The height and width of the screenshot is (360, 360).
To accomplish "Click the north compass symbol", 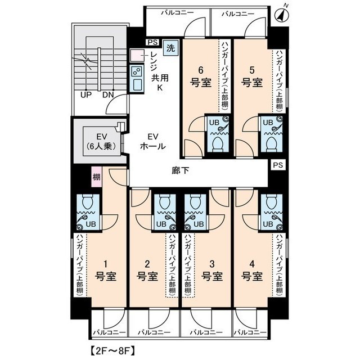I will point(282,15).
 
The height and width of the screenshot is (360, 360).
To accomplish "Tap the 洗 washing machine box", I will point(170,48).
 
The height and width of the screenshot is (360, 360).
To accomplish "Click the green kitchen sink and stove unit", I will point(137,78).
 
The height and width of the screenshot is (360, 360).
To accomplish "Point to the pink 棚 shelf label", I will point(96,178).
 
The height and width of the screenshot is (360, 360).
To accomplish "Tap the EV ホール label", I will point(152,141).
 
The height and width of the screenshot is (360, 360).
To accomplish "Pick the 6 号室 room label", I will point(200,77).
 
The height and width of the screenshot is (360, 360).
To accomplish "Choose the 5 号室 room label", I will point(253,77).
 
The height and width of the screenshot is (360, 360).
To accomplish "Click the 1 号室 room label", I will point(105,271).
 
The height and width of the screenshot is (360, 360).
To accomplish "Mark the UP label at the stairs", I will point(85,94).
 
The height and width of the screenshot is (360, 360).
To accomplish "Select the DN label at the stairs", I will point(108,94).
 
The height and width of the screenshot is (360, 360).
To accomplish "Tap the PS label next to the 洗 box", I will point(152,42).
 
